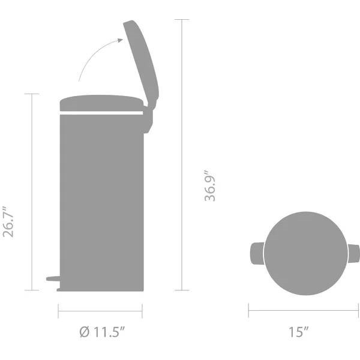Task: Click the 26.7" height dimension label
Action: click(x=8, y=222)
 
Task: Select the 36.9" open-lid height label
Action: click(x=210, y=186)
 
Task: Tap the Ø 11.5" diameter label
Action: click(x=103, y=332)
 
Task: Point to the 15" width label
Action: click(x=298, y=332)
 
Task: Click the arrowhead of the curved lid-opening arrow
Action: click(x=120, y=40)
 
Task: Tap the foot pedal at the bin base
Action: click(x=53, y=279)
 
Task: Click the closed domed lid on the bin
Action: click(x=101, y=103)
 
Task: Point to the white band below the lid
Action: click(x=101, y=113)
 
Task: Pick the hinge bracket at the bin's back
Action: click(x=148, y=119)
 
